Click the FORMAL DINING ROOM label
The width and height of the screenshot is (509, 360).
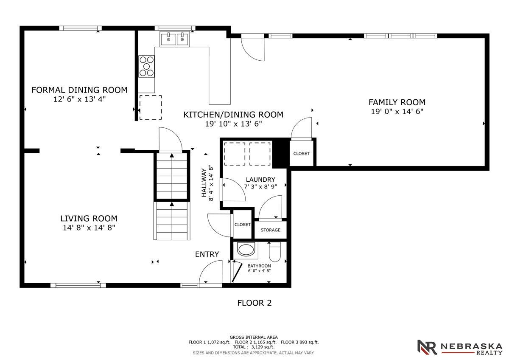tap(79, 90)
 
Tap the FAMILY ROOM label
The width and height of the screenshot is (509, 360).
tap(397, 102)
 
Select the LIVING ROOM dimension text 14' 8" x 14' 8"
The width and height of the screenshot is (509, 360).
tap(89, 228)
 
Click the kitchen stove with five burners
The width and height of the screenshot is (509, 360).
tap(147, 66)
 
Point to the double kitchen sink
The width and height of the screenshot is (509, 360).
tap(174, 39)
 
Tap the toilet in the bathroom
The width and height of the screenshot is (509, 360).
tap(275, 251)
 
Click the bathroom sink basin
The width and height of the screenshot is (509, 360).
tap(246, 250)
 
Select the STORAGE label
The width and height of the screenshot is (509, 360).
tap(271, 230)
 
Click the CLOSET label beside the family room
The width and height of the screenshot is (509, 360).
tap(301, 154)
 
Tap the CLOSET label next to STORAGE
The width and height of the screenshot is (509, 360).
tap(243, 225)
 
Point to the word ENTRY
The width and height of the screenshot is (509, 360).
tap(207, 254)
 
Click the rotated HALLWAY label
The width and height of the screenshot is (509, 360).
tap(204, 183)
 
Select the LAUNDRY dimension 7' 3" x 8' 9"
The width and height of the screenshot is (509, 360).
tap(260, 187)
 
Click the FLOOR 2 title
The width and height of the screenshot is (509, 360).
tap(255, 303)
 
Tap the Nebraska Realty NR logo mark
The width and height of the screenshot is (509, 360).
tap(427, 347)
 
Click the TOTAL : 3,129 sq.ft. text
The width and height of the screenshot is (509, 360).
tap(254, 347)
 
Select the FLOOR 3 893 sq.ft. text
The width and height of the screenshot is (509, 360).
tap(300, 342)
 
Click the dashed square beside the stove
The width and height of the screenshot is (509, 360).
tap(151, 107)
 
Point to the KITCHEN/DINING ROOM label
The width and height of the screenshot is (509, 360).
tap(233, 115)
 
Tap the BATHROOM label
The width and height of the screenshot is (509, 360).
tap(259, 266)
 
